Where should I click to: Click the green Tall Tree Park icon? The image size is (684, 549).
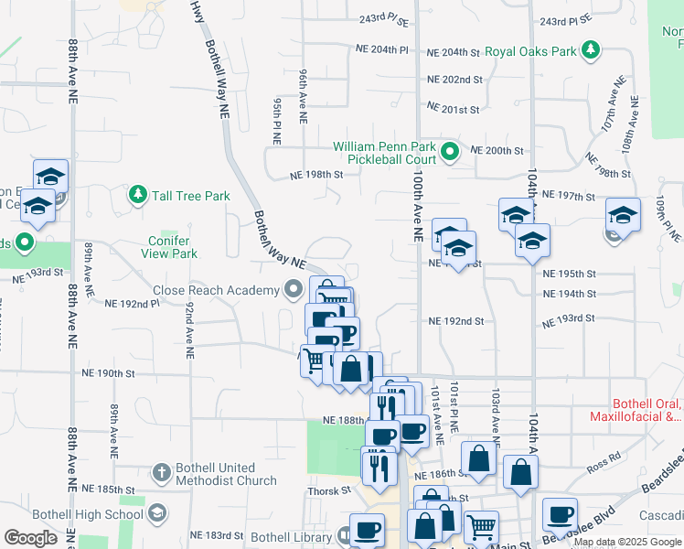click(137, 195)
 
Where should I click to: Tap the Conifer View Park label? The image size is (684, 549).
click(172, 247)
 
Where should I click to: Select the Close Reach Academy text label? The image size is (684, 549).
click(216, 291)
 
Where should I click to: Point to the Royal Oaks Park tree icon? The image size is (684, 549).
click(591, 50)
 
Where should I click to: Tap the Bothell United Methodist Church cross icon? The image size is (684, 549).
click(161, 473)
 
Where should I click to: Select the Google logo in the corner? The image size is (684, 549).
click(30, 538)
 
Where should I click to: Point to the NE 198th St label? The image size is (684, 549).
click(315, 174)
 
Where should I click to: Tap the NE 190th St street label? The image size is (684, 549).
click(108, 373)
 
